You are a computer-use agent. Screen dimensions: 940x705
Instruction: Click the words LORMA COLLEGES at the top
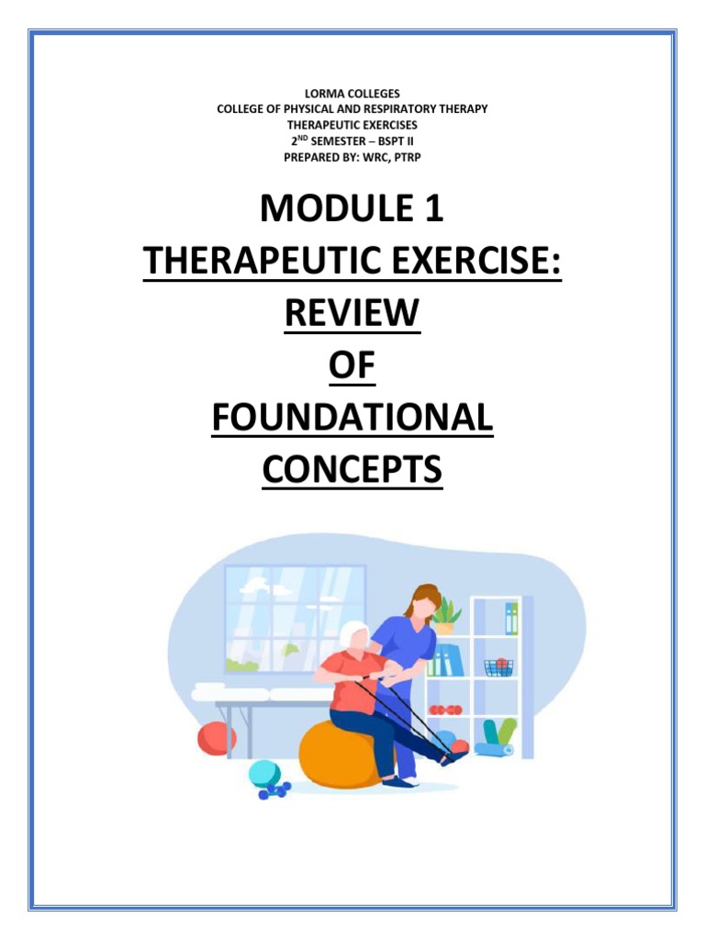click(x=352, y=95)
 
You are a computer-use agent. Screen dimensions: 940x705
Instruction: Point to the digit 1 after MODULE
click(x=433, y=209)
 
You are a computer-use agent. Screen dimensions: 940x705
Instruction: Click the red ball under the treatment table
click(x=217, y=737)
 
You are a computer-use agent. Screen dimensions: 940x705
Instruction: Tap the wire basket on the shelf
click(x=498, y=666)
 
